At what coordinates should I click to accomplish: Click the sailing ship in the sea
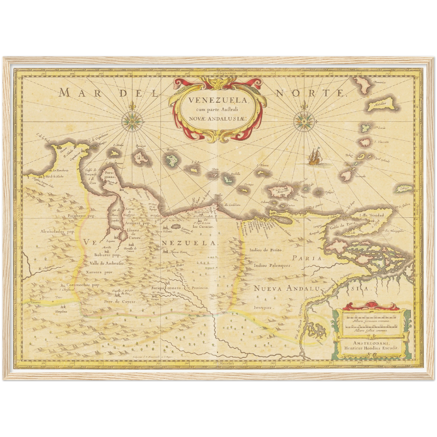tap(315, 156)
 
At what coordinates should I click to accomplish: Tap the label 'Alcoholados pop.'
tap(57, 232)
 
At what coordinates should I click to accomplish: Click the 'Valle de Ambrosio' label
tap(105, 263)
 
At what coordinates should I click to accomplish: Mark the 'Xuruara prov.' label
tap(99, 272)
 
